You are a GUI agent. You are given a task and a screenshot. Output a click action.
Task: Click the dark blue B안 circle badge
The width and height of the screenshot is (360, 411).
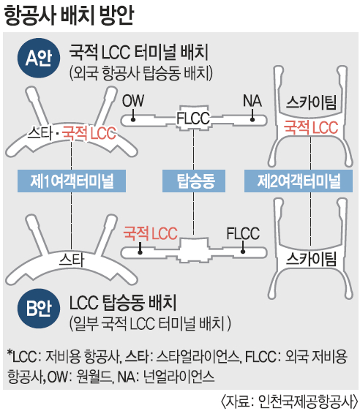pyautogui.click(x=39, y=309)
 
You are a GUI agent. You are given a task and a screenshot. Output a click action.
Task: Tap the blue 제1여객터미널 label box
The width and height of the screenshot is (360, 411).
pyautogui.click(x=72, y=181)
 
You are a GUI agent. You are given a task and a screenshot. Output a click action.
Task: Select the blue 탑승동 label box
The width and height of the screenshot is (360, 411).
pyautogui.click(x=194, y=181)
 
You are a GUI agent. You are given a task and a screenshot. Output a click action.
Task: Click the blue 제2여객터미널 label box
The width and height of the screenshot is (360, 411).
pyautogui.click(x=299, y=181)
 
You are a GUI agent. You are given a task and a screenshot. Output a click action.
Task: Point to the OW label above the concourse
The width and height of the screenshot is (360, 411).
pyautogui.click(x=133, y=101)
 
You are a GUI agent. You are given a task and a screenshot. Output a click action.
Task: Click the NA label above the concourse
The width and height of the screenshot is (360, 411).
pyautogui.click(x=252, y=101)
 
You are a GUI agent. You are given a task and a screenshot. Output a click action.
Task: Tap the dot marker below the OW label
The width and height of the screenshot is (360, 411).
pyautogui.click(x=133, y=120)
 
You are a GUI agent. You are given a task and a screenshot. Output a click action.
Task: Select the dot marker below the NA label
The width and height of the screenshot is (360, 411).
pyautogui.click(x=252, y=120)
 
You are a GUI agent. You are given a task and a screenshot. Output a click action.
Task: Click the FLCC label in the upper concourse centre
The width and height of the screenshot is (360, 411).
pyautogui.click(x=193, y=118)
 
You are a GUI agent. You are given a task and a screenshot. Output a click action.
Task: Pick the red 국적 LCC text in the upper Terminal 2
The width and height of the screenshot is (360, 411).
pyautogui.click(x=311, y=128)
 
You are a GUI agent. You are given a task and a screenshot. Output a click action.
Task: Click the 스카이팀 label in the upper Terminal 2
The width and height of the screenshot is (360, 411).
pyautogui.click(x=311, y=102)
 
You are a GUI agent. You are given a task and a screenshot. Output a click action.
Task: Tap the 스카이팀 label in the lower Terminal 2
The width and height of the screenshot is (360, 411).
pyautogui.click(x=311, y=259)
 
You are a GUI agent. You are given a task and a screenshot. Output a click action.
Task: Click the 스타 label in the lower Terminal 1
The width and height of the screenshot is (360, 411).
pyautogui.click(x=72, y=260)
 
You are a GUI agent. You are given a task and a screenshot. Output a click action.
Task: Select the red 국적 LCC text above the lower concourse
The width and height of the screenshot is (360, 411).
pyautogui.click(x=150, y=233)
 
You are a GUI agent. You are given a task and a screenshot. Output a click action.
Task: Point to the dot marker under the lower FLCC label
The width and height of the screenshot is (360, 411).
pyautogui.click(x=243, y=252)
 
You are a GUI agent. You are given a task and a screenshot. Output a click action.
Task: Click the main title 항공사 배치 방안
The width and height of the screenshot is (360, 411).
pyautogui.click(x=69, y=15)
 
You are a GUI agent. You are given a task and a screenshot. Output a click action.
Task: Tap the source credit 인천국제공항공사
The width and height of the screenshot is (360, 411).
pyautogui.click(x=308, y=401)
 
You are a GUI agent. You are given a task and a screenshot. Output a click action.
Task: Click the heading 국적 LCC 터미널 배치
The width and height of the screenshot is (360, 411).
pyautogui.click(x=139, y=53)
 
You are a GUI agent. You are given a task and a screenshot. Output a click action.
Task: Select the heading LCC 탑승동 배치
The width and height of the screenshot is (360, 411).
pyautogui.click(x=123, y=303)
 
